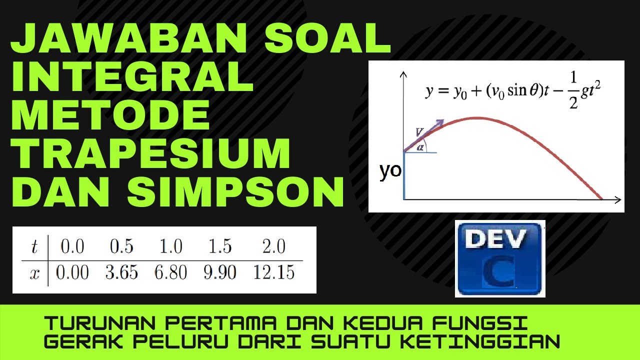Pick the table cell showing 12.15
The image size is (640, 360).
(x=274, y=273)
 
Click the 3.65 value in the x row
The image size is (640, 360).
(x=122, y=273)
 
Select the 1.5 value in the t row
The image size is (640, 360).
(x=220, y=247)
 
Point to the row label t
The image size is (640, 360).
(x=34, y=247)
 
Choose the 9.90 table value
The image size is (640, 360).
(x=220, y=273)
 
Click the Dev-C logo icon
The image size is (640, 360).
(x=500, y=259)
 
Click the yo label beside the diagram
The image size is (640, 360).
(x=390, y=171)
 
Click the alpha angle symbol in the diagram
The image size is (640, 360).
(x=420, y=147)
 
